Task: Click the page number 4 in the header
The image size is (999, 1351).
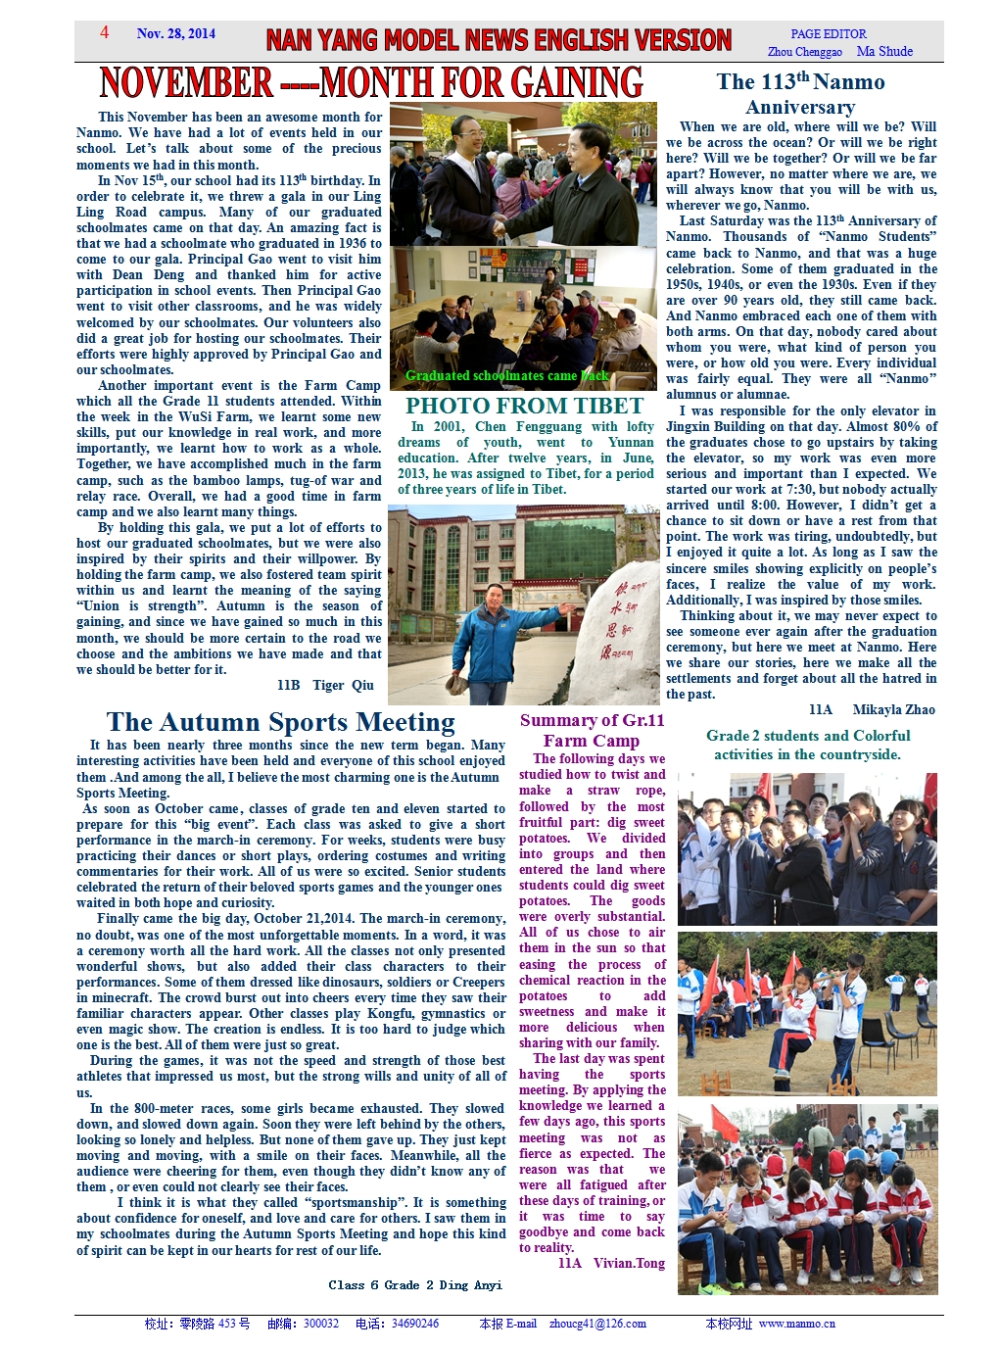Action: (104, 32)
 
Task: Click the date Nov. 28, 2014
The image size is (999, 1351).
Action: (176, 33)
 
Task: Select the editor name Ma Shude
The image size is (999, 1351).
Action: (884, 52)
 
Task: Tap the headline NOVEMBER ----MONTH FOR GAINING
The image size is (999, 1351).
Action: (371, 83)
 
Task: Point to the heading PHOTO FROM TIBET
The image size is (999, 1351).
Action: (524, 406)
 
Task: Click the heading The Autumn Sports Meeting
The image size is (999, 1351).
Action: (280, 722)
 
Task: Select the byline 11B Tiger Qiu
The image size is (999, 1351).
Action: (325, 685)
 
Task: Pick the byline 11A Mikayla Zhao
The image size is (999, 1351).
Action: (872, 709)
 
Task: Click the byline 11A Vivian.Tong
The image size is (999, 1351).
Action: (611, 1263)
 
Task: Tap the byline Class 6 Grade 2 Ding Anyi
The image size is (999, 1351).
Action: (415, 1284)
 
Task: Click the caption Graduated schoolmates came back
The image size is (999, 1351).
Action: (507, 375)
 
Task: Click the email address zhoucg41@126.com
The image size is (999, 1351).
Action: (597, 1324)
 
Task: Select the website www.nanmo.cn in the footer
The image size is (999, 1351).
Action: (797, 1324)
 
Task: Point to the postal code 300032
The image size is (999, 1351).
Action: (321, 1324)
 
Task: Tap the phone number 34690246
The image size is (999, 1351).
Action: (415, 1324)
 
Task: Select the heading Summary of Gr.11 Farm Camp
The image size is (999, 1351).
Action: (592, 731)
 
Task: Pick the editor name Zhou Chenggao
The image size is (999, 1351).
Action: (805, 52)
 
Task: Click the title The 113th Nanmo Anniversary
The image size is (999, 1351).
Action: (800, 94)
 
